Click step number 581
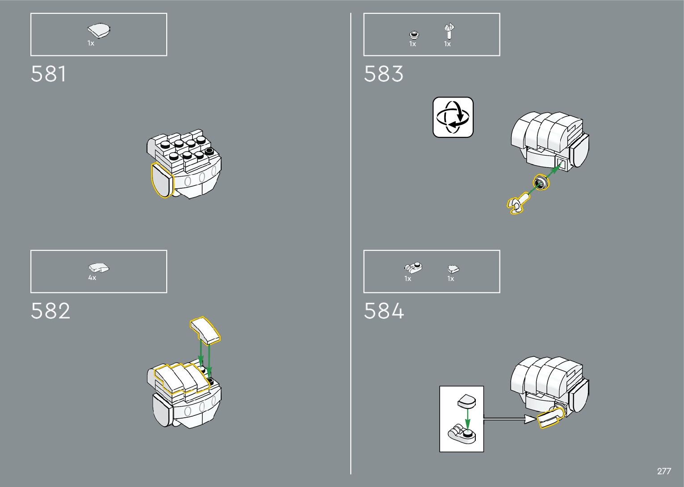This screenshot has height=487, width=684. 48,74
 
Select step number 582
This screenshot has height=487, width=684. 50,311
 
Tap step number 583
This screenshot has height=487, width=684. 383,74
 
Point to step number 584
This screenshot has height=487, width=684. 384,311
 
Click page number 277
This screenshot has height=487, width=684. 664,471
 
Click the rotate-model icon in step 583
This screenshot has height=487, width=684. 453,117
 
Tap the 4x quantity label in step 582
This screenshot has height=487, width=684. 92,278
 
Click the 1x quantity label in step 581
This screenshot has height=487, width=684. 91,43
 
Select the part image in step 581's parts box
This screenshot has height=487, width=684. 99,31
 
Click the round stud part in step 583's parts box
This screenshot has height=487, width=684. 414,34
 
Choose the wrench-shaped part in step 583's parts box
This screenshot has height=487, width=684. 449,32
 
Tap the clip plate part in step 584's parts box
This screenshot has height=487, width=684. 413,268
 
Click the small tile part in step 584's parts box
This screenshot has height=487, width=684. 453,269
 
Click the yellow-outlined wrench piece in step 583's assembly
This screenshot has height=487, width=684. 516,204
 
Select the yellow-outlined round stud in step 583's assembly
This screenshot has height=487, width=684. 541,182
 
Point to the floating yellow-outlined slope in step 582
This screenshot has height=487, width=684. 205,330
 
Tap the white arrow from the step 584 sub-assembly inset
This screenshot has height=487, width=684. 509,419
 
